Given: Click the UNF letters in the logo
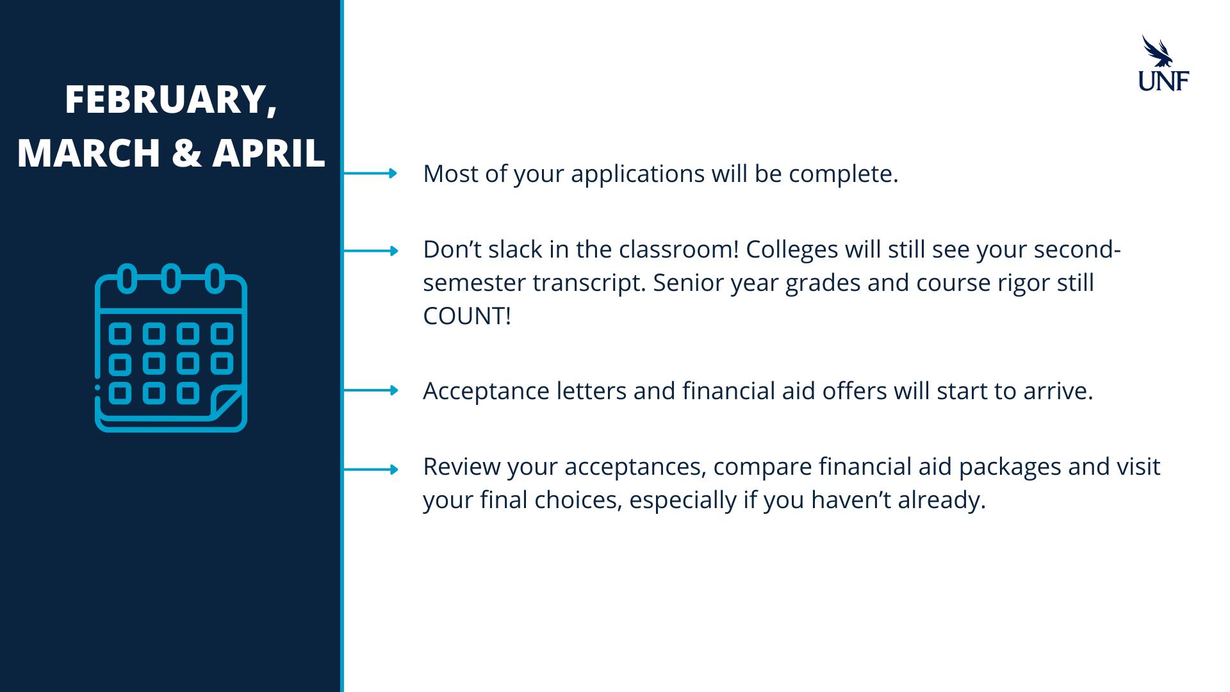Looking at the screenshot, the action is pyautogui.click(x=1163, y=80).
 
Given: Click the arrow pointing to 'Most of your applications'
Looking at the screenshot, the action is pyautogui.click(x=370, y=173).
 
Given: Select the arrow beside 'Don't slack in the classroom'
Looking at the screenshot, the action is pyautogui.click(x=370, y=251).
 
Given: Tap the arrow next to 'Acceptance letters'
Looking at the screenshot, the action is pyautogui.click(x=370, y=390).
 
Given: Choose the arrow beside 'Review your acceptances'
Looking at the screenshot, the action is pyautogui.click(x=370, y=470).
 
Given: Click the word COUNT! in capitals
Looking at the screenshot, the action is pyautogui.click(x=467, y=316).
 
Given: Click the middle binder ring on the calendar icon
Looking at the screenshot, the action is pyautogui.click(x=170, y=279).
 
